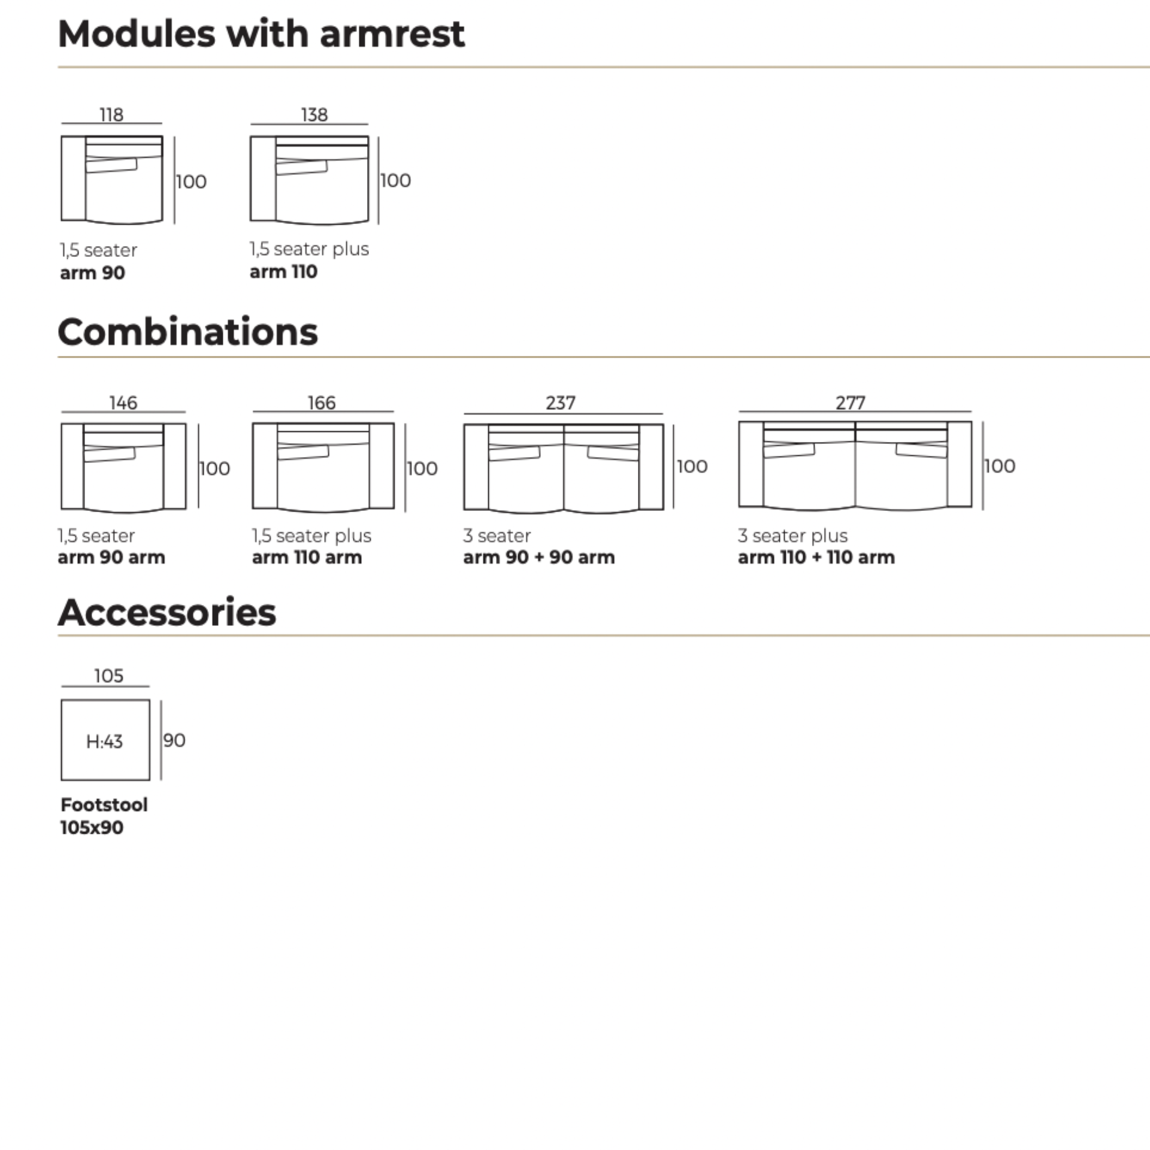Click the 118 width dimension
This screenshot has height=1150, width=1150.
pyautogui.click(x=111, y=114)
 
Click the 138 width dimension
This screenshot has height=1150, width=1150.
pyautogui.click(x=314, y=114)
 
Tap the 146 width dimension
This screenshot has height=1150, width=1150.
pyautogui.click(x=123, y=402)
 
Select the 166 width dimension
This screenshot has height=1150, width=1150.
pyautogui.click(x=322, y=402)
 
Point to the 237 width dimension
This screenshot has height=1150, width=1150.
pyautogui.click(x=561, y=402)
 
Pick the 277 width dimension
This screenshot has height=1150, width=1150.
pyautogui.click(x=851, y=402)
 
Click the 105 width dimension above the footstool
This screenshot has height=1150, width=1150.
pyautogui.click(x=108, y=676)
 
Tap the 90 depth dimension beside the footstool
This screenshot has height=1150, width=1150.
pyautogui.click(x=174, y=740)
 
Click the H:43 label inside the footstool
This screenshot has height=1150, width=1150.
pyautogui.click(x=104, y=742)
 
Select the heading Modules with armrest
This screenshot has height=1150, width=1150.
pyautogui.click(x=261, y=34)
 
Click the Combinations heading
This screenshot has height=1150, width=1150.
pyautogui.click(x=187, y=332)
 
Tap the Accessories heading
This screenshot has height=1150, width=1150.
pyautogui.click(x=167, y=612)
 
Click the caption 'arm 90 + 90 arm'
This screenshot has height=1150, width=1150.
pyautogui.click(x=538, y=557)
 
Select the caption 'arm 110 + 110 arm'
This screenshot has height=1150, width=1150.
pyautogui.click(x=816, y=557)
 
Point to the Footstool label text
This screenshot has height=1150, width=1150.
pyautogui.click(x=104, y=804)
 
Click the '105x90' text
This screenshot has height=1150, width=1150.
pyautogui.click(x=92, y=827)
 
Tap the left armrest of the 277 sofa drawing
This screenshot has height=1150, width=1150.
pyautogui.click(x=751, y=464)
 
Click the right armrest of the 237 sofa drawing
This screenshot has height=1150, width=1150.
pyautogui.click(x=651, y=467)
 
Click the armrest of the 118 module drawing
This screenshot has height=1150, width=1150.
pyautogui.click(x=73, y=178)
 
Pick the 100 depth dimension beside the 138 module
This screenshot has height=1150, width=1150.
pyautogui.click(x=396, y=180)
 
